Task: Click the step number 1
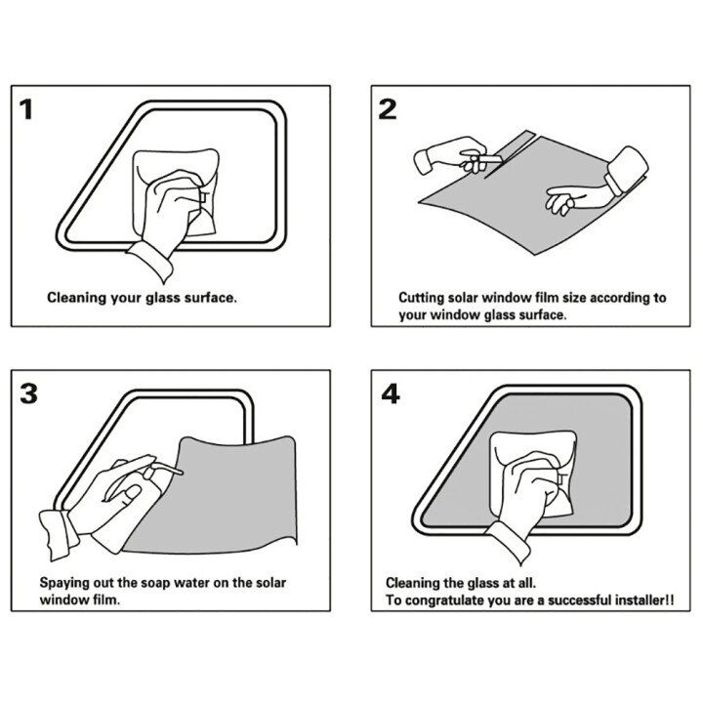(26, 109)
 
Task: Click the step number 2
(388, 109)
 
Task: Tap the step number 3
(28, 393)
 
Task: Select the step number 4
(390, 394)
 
